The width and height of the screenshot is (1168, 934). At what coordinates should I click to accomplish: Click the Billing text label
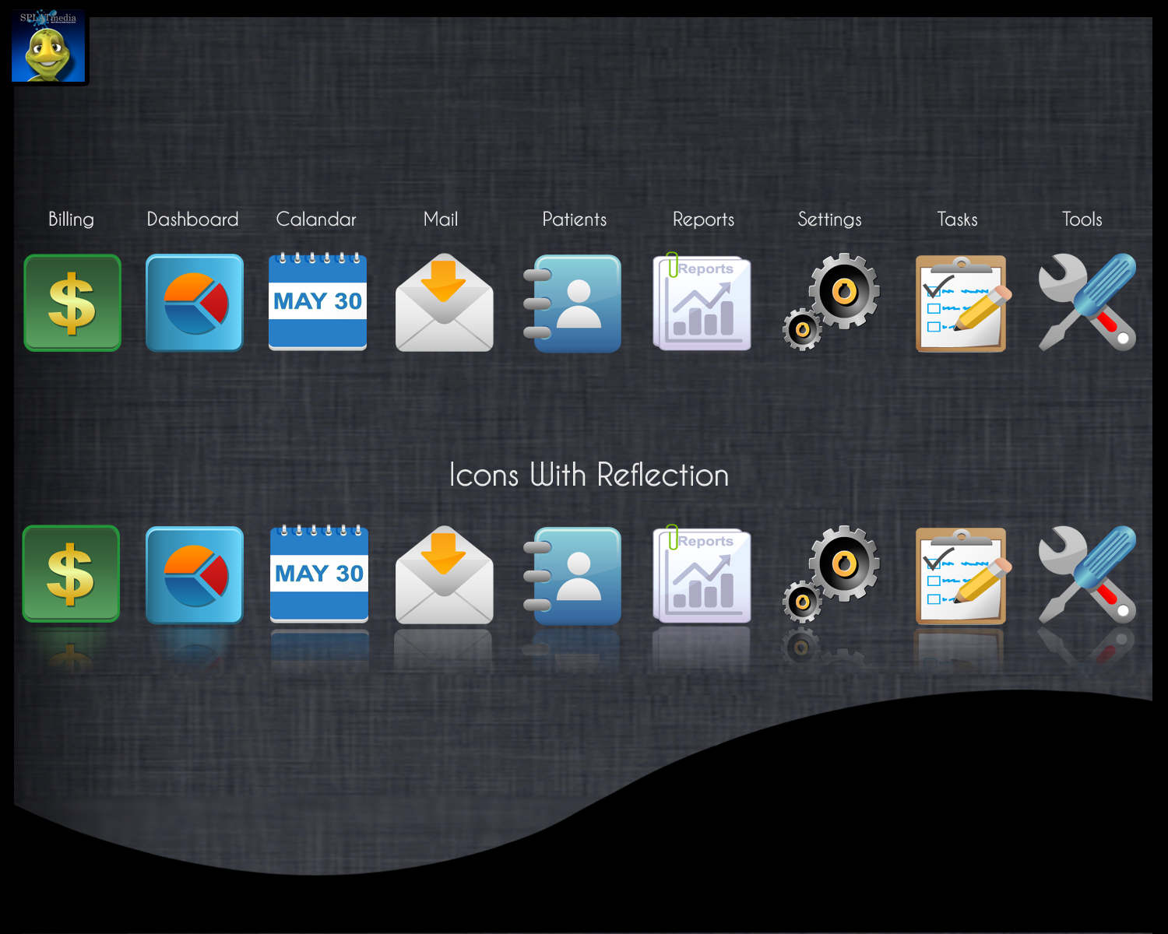click(x=71, y=219)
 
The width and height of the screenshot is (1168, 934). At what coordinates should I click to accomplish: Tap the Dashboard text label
click(x=192, y=219)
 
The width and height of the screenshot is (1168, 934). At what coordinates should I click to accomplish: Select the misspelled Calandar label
click(x=315, y=219)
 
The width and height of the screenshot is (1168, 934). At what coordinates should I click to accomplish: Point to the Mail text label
click(x=441, y=219)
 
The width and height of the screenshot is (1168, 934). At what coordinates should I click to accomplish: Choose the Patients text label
click(x=574, y=219)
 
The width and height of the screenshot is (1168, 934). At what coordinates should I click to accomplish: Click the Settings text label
click(x=829, y=219)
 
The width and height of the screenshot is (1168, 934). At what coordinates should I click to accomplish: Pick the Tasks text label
click(x=957, y=219)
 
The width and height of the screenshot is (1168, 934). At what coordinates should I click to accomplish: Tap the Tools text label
click(x=1082, y=219)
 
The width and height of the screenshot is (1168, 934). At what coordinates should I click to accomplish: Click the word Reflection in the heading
click(x=663, y=475)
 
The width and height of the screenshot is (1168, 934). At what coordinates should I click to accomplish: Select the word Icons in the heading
click(x=484, y=475)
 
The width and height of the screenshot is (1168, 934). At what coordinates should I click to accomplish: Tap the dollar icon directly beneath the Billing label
click(x=72, y=303)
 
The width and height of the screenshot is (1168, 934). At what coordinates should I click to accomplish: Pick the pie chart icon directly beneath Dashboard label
click(x=195, y=303)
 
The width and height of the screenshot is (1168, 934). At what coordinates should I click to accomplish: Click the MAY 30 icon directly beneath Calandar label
click(x=318, y=302)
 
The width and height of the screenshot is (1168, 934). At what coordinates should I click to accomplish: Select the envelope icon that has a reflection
click(x=444, y=575)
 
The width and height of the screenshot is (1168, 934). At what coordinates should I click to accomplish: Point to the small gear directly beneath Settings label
click(x=802, y=329)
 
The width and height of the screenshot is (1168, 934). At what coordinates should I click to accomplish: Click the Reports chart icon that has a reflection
click(x=702, y=576)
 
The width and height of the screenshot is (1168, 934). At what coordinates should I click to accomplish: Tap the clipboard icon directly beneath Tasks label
click(x=962, y=304)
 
